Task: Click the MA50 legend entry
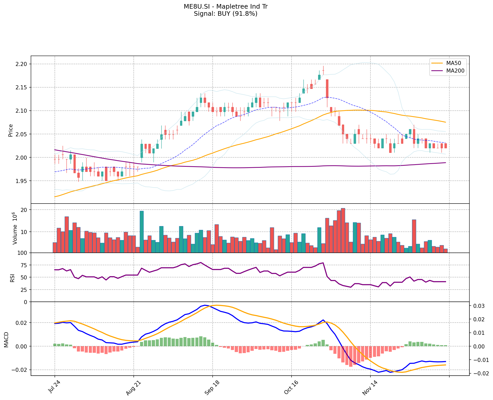[453, 63]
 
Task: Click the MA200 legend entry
[455, 71]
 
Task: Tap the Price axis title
[11, 130]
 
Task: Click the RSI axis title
[12, 278]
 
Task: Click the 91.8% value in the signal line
[246, 14]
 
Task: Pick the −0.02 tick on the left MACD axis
[20, 370]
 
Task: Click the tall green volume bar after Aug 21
[142, 231]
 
